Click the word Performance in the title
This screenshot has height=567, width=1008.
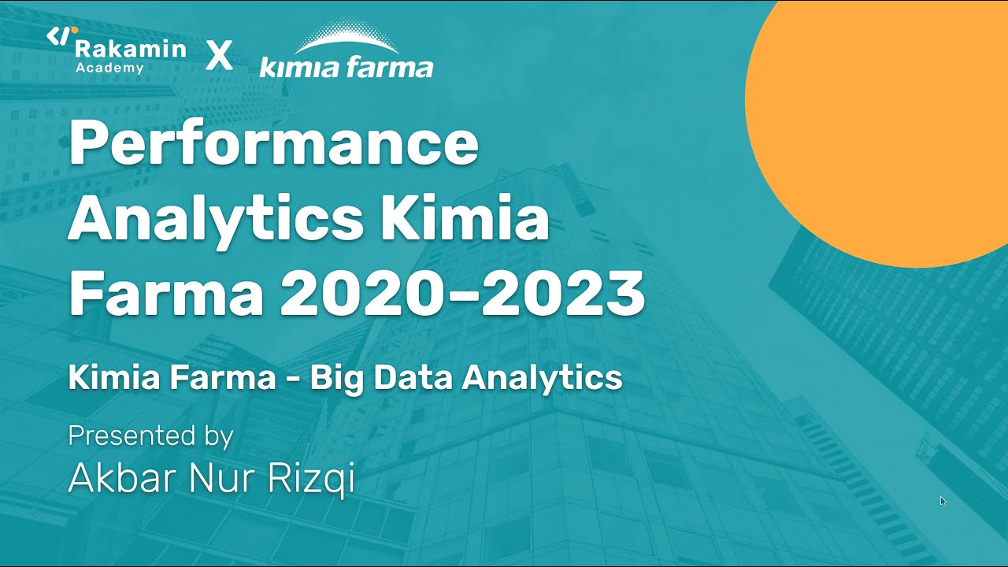(273, 144)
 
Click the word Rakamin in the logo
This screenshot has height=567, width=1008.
(130, 49)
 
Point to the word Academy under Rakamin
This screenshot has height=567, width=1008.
(109, 68)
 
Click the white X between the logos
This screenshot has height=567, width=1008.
(219, 56)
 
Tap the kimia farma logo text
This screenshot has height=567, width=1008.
(346, 68)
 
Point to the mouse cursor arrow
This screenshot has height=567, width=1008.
(943, 500)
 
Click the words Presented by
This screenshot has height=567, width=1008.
(150, 435)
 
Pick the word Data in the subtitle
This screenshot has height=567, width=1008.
(416, 378)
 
